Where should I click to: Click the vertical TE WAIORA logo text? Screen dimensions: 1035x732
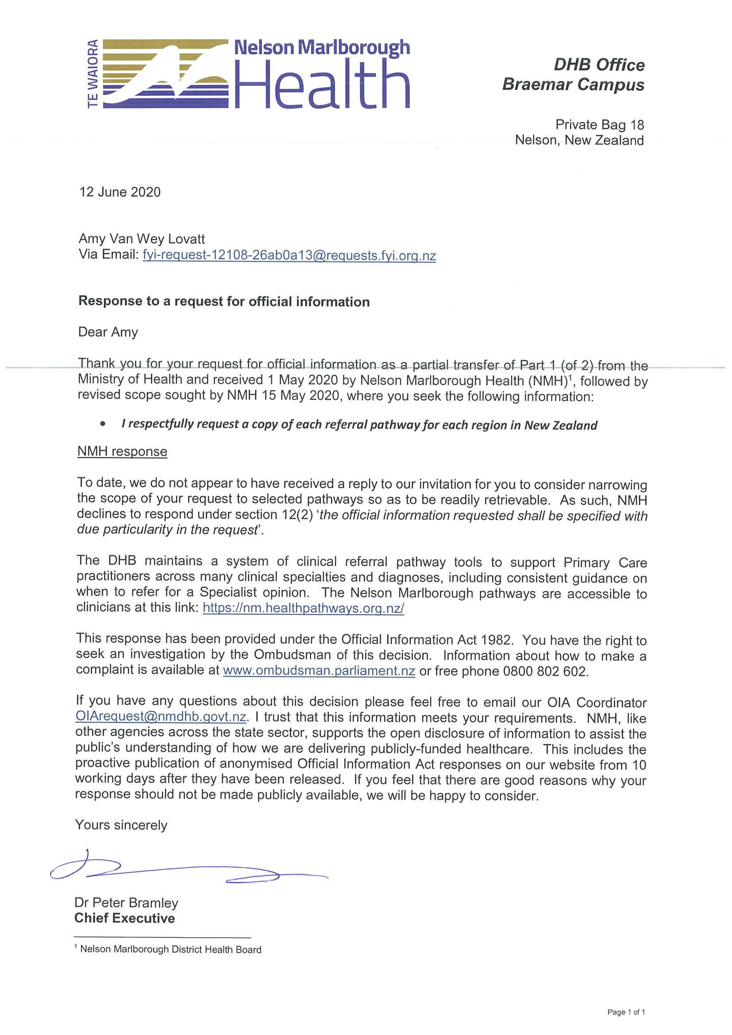pos(93,74)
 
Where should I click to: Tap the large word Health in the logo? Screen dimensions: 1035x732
pos(322,84)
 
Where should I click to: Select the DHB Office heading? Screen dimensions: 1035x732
pos(599,65)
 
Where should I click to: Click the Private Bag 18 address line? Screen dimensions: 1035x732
pos(599,125)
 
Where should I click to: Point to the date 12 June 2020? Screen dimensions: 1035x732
pos(120,192)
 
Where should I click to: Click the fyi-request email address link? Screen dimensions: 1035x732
pos(289,256)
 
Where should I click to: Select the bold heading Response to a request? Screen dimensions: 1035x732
pos(223,302)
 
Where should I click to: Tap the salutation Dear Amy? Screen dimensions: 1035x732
pos(108,332)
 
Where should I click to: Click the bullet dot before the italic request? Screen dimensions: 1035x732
pos(103,424)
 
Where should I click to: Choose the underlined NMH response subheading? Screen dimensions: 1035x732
pos(122,451)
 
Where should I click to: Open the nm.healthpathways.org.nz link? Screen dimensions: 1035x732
pos(303,608)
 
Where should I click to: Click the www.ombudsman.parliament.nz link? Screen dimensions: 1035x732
pos(319,671)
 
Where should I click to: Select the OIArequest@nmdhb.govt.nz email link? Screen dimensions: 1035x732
pos(161,717)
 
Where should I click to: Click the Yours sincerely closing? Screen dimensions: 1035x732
pos(121,825)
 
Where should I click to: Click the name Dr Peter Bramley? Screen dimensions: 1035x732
pos(126,903)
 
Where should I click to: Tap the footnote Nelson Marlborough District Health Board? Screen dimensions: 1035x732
pos(170,949)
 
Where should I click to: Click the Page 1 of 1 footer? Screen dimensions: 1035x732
pos(626,1012)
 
